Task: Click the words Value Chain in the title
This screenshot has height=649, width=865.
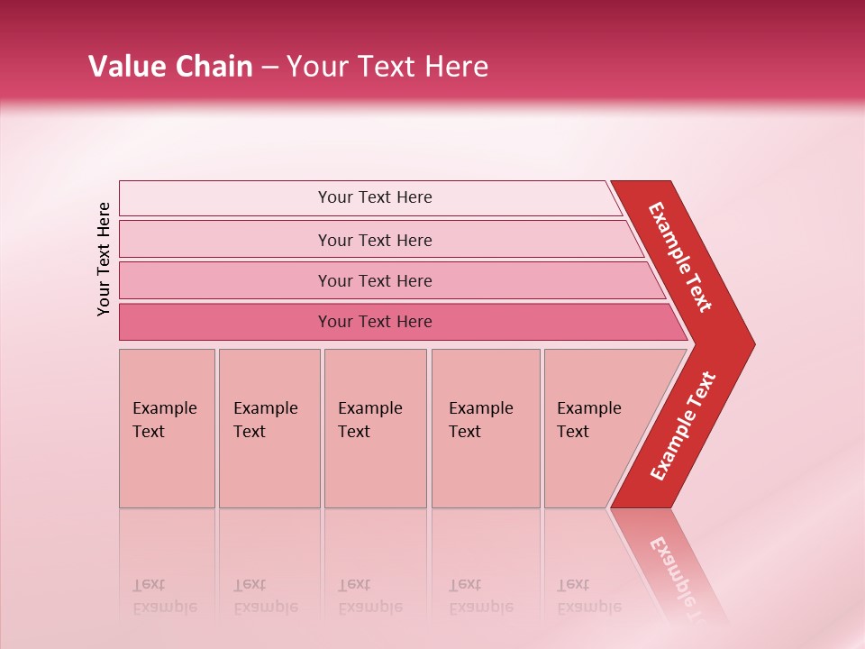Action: (170, 67)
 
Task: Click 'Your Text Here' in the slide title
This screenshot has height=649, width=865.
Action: (387, 67)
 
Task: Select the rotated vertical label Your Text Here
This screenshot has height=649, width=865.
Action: (104, 259)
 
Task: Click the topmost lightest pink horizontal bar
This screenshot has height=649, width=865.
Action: (374, 197)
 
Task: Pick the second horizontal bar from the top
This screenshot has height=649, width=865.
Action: (374, 240)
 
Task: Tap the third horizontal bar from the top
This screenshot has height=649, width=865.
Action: (374, 280)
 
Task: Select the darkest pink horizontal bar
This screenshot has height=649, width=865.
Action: (374, 322)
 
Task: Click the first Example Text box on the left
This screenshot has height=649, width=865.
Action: (167, 428)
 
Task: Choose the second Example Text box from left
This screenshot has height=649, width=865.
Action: (269, 428)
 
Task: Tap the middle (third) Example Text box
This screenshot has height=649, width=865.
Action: (375, 428)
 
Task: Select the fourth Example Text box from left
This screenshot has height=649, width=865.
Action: (486, 428)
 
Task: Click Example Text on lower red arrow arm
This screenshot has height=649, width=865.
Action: (683, 425)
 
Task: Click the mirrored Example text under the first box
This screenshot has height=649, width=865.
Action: (164, 606)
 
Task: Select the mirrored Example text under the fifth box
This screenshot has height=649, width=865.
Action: (589, 606)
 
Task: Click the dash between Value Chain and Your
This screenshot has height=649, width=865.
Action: (269, 68)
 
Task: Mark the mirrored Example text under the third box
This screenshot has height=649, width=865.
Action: (369, 606)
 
